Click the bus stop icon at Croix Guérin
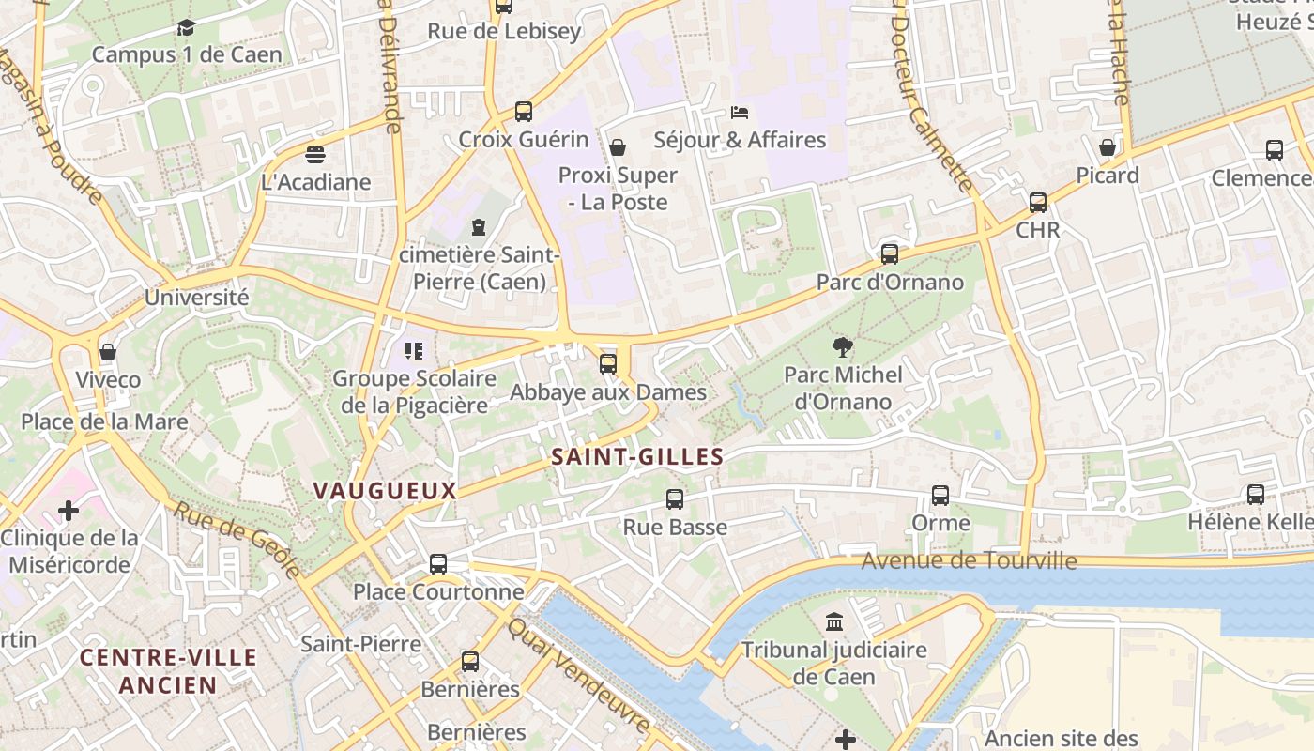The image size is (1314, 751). tap(524, 112)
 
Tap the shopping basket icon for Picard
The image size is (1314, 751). tap(1108, 147)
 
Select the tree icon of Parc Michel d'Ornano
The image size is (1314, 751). tap(843, 347)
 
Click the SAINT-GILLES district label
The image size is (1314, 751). tap(637, 457)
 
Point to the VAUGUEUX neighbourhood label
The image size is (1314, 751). tap(385, 490)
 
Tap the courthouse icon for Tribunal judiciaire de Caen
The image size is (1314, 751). tap(834, 621)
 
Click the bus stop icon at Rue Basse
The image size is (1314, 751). tap(675, 499)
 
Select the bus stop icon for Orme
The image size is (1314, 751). tap(940, 496)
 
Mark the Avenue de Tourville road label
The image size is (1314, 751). tap(969, 561)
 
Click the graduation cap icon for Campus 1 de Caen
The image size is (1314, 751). tap(186, 27)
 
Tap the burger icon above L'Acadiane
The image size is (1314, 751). tap(315, 154)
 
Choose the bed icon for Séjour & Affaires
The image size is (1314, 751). tap(740, 113)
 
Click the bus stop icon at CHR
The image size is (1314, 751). tap(1038, 203)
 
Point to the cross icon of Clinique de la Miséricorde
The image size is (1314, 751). tap(69, 511)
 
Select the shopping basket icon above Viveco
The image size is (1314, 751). tap(108, 352)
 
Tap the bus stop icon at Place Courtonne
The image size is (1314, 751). tap(438, 564)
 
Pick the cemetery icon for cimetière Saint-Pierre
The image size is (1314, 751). tap(480, 226)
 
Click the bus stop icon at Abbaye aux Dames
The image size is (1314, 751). tap(608, 364)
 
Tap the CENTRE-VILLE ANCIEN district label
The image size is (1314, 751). tap(168, 671)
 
